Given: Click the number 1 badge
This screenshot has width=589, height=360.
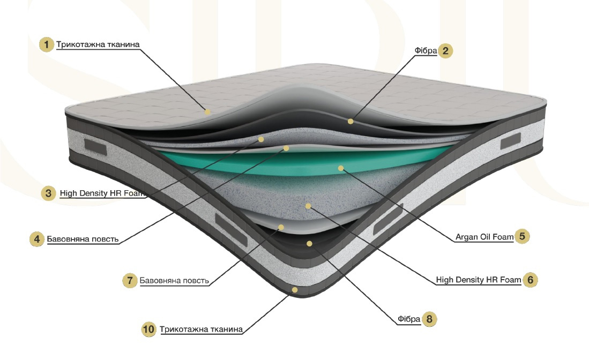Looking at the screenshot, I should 48,44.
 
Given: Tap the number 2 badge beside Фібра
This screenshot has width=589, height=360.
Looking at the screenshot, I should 445,51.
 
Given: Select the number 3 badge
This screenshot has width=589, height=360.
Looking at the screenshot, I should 49,193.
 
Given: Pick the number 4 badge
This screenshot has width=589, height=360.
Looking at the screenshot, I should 36,238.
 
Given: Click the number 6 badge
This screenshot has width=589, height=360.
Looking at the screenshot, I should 530,280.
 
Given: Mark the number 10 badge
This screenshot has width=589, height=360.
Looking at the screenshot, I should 149,329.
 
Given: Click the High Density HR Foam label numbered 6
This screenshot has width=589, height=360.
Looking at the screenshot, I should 478,280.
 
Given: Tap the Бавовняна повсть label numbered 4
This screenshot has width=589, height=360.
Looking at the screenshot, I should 83,238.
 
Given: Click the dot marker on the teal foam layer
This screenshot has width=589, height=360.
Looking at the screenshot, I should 340,168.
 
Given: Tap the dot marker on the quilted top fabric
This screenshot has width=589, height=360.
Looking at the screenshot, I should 207,112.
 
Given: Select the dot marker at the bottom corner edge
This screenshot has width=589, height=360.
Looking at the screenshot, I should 294,289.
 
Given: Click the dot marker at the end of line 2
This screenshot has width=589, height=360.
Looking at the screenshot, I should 350,121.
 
